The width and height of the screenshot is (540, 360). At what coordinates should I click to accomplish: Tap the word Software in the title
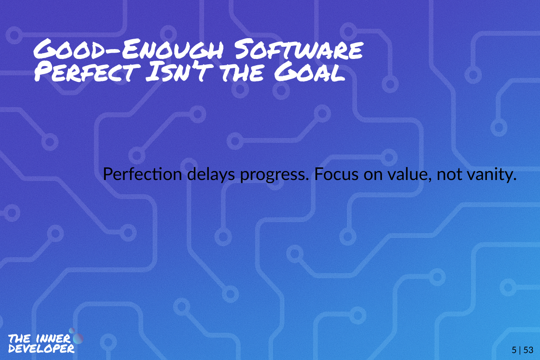(x=299, y=49)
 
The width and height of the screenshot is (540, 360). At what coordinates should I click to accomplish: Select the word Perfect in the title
(x=87, y=72)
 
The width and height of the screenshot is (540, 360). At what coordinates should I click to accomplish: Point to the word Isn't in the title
(x=180, y=72)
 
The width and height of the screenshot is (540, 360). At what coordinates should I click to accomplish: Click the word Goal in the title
(x=310, y=72)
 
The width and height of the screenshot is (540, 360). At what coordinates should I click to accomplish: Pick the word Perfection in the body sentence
(x=142, y=174)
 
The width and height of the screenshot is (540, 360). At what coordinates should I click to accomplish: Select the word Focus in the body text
(x=336, y=174)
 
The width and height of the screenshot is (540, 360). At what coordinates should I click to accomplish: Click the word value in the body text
(x=409, y=175)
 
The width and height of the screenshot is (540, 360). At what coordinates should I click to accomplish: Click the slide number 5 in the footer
(x=514, y=350)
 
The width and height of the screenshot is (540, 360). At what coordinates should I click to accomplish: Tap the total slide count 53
(x=528, y=350)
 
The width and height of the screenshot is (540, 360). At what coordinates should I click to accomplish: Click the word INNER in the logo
(x=53, y=339)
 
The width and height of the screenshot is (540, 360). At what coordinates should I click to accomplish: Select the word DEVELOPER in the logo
(x=41, y=349)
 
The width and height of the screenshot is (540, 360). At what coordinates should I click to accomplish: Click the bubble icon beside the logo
(x=76, y=336)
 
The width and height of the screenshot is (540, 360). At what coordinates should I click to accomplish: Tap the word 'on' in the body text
(x=373, y=176)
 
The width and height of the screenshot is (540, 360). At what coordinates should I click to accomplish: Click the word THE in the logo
(x=20, y=338)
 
